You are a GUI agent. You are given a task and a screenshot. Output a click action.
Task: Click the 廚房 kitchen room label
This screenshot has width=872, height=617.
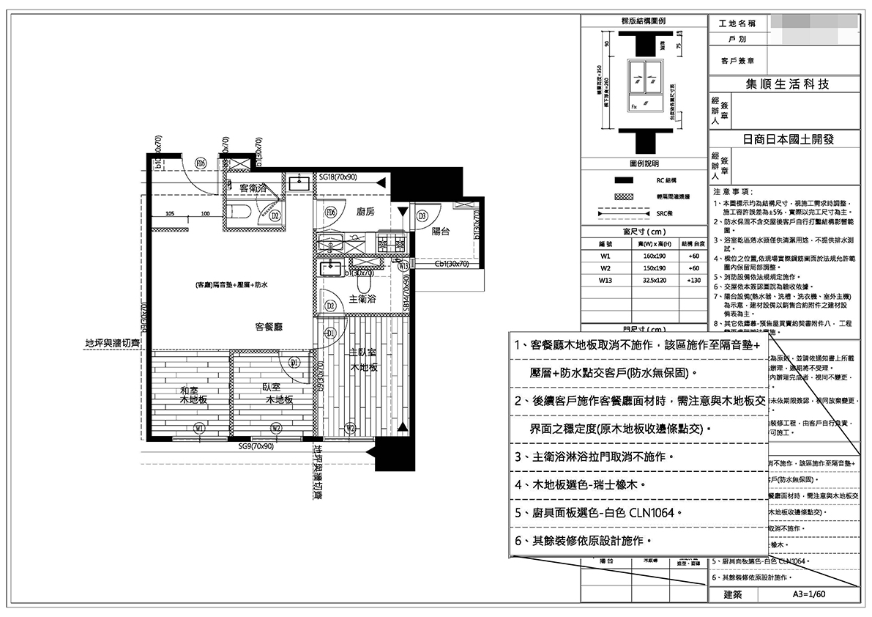tap(365, 212)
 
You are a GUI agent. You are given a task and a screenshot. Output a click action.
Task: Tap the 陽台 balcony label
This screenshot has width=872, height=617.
tap(441, 231)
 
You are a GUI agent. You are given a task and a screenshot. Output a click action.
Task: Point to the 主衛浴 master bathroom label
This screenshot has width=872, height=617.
tap(364, 299)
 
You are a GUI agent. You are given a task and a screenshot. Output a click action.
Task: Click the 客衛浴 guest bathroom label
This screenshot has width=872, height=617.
tap(253, 188)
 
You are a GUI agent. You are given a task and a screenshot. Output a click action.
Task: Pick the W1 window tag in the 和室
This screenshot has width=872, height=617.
tap(198, 428)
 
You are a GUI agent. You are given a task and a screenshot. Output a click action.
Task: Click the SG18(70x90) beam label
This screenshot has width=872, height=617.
tap(338, 177)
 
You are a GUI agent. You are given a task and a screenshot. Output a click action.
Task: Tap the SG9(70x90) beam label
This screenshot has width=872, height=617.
tap(256, 446)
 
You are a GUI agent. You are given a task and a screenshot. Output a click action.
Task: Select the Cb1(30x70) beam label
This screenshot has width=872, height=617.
tap(451, 264)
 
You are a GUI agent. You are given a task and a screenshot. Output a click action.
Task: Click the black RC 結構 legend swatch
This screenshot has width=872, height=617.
tap(624, 179)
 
